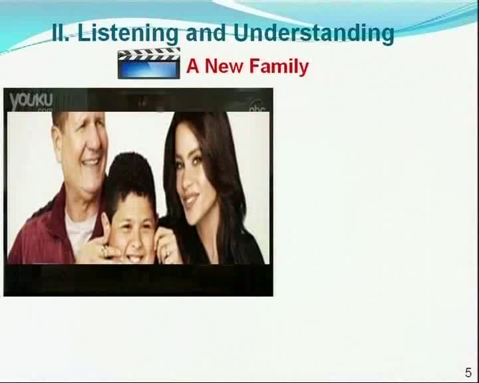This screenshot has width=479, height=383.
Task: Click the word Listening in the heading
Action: (128, 33)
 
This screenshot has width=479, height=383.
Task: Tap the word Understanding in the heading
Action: (314, 33)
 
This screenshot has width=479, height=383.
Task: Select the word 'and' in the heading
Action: (206, 33)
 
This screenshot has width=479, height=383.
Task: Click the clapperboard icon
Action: (149, 63)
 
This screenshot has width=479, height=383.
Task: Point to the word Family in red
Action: (279, 67)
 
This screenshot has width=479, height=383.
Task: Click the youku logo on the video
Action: (31, 101)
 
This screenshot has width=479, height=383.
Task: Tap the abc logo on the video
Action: (257, 107)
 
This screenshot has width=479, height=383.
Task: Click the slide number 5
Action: (468, 372)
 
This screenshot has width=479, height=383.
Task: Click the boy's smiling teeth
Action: (137, 259)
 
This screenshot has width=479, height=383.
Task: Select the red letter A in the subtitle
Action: (193, 66)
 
